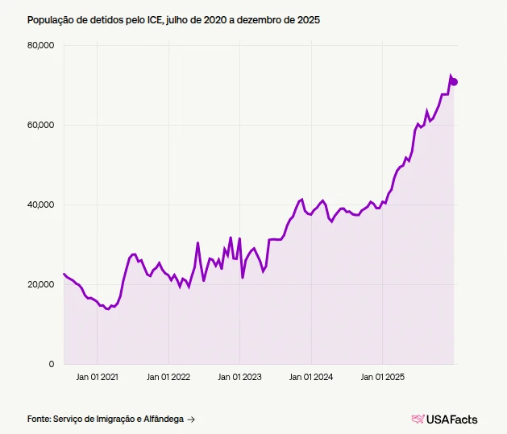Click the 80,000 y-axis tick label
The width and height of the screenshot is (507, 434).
click(x=40, y=45)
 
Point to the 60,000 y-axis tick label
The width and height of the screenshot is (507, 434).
click(x=40, y=125)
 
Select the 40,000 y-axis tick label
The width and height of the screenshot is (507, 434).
click(x=40, y=205)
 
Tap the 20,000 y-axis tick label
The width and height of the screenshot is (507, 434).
click(x=40, y=284)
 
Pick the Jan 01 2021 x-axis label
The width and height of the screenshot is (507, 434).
click(x=97, y=376)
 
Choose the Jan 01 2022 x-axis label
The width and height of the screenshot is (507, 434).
click(x=168, y=376)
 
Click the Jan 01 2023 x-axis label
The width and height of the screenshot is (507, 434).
click(x=240, y=376)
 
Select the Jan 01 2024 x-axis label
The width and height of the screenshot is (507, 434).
click(x=312, y=376)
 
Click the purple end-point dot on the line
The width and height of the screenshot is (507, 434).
click(x=454, y=81)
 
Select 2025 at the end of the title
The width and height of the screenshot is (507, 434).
click(x=309, y=19)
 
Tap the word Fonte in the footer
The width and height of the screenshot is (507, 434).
click(x=39, y=419)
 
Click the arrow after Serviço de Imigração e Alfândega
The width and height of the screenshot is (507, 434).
click(x=190, y=419)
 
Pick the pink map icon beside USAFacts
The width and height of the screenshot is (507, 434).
click(x=418, y=419)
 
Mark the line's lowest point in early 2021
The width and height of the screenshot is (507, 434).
click(x=108, y=309)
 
